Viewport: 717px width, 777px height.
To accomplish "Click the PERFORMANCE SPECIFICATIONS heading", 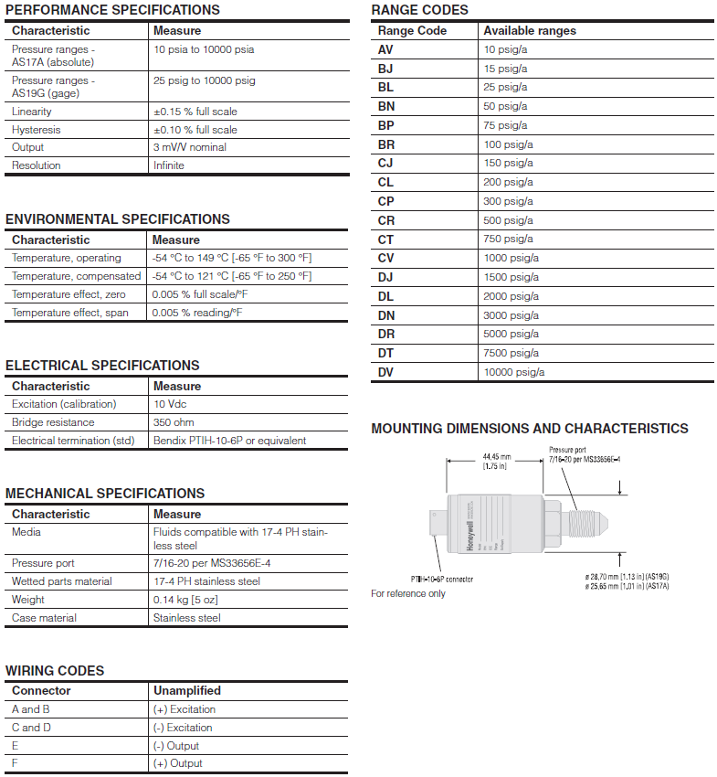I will [112, 10].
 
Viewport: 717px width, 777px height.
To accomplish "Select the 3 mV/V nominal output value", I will [190, 147].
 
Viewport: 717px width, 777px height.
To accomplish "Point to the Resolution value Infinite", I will [169, 165].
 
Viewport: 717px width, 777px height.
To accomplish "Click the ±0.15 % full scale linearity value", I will [195, 112].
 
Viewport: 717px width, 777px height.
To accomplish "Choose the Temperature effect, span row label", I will [70, 313].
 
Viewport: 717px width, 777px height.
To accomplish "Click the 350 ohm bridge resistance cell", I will [174, 422].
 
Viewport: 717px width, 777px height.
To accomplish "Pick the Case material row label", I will [44, 618].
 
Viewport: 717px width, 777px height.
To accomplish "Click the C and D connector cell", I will [31, 728].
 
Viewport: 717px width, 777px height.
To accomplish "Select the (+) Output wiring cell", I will [178, 763].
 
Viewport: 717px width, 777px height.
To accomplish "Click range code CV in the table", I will [385, 258].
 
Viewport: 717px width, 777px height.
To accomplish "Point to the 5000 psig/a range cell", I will [511, 334].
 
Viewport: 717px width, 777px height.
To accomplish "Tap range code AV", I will [385, 49].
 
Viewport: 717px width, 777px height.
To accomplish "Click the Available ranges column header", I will [530, 30].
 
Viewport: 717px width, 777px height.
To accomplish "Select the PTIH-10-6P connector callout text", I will [441, 579].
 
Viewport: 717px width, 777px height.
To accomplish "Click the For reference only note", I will [408, 593].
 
